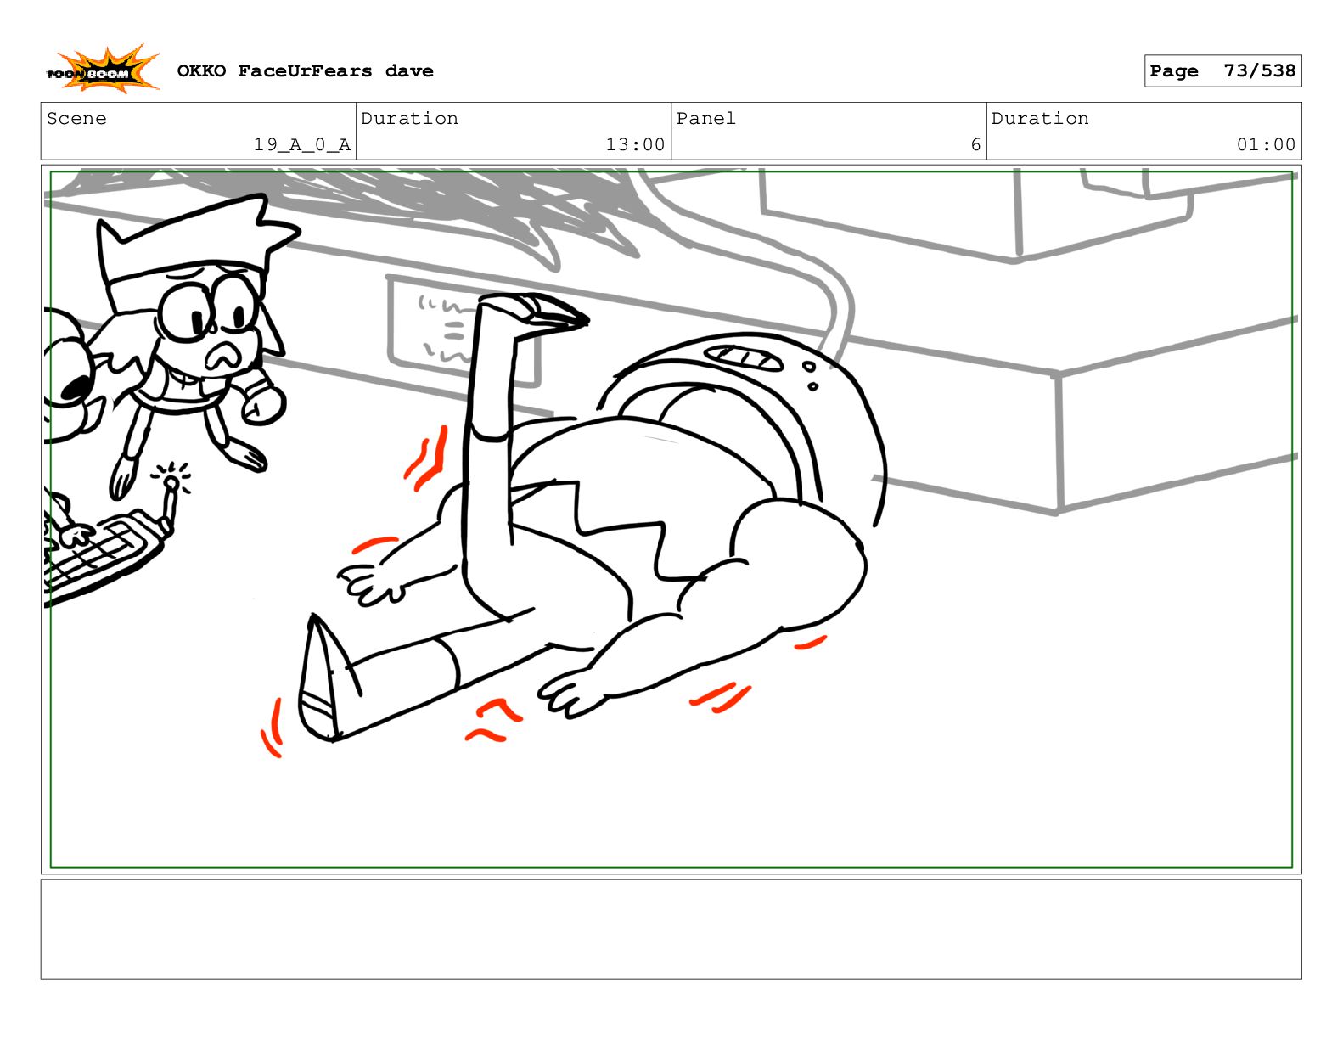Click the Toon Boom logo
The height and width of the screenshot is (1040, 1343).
tap(102, 70)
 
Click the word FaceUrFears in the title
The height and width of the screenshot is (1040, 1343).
tap(305, 71)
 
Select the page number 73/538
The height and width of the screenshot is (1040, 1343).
tap(1259, 70)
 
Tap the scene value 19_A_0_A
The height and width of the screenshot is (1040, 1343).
tap(301, 144)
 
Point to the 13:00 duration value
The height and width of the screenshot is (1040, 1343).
tap(635, 144)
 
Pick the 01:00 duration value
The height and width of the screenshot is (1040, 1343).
tap(1265, 144)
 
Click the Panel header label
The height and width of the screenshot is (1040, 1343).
tap(705, 118)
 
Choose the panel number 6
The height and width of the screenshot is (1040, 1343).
tap(975, 144)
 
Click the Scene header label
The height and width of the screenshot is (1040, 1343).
tap(76, 118)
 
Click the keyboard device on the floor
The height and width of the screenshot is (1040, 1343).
tap(102, 552)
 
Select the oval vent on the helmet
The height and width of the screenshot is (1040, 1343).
tap(743, 357)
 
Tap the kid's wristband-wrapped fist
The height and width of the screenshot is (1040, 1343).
tap(262, 402)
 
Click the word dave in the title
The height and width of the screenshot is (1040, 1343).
tap(409, 71)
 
